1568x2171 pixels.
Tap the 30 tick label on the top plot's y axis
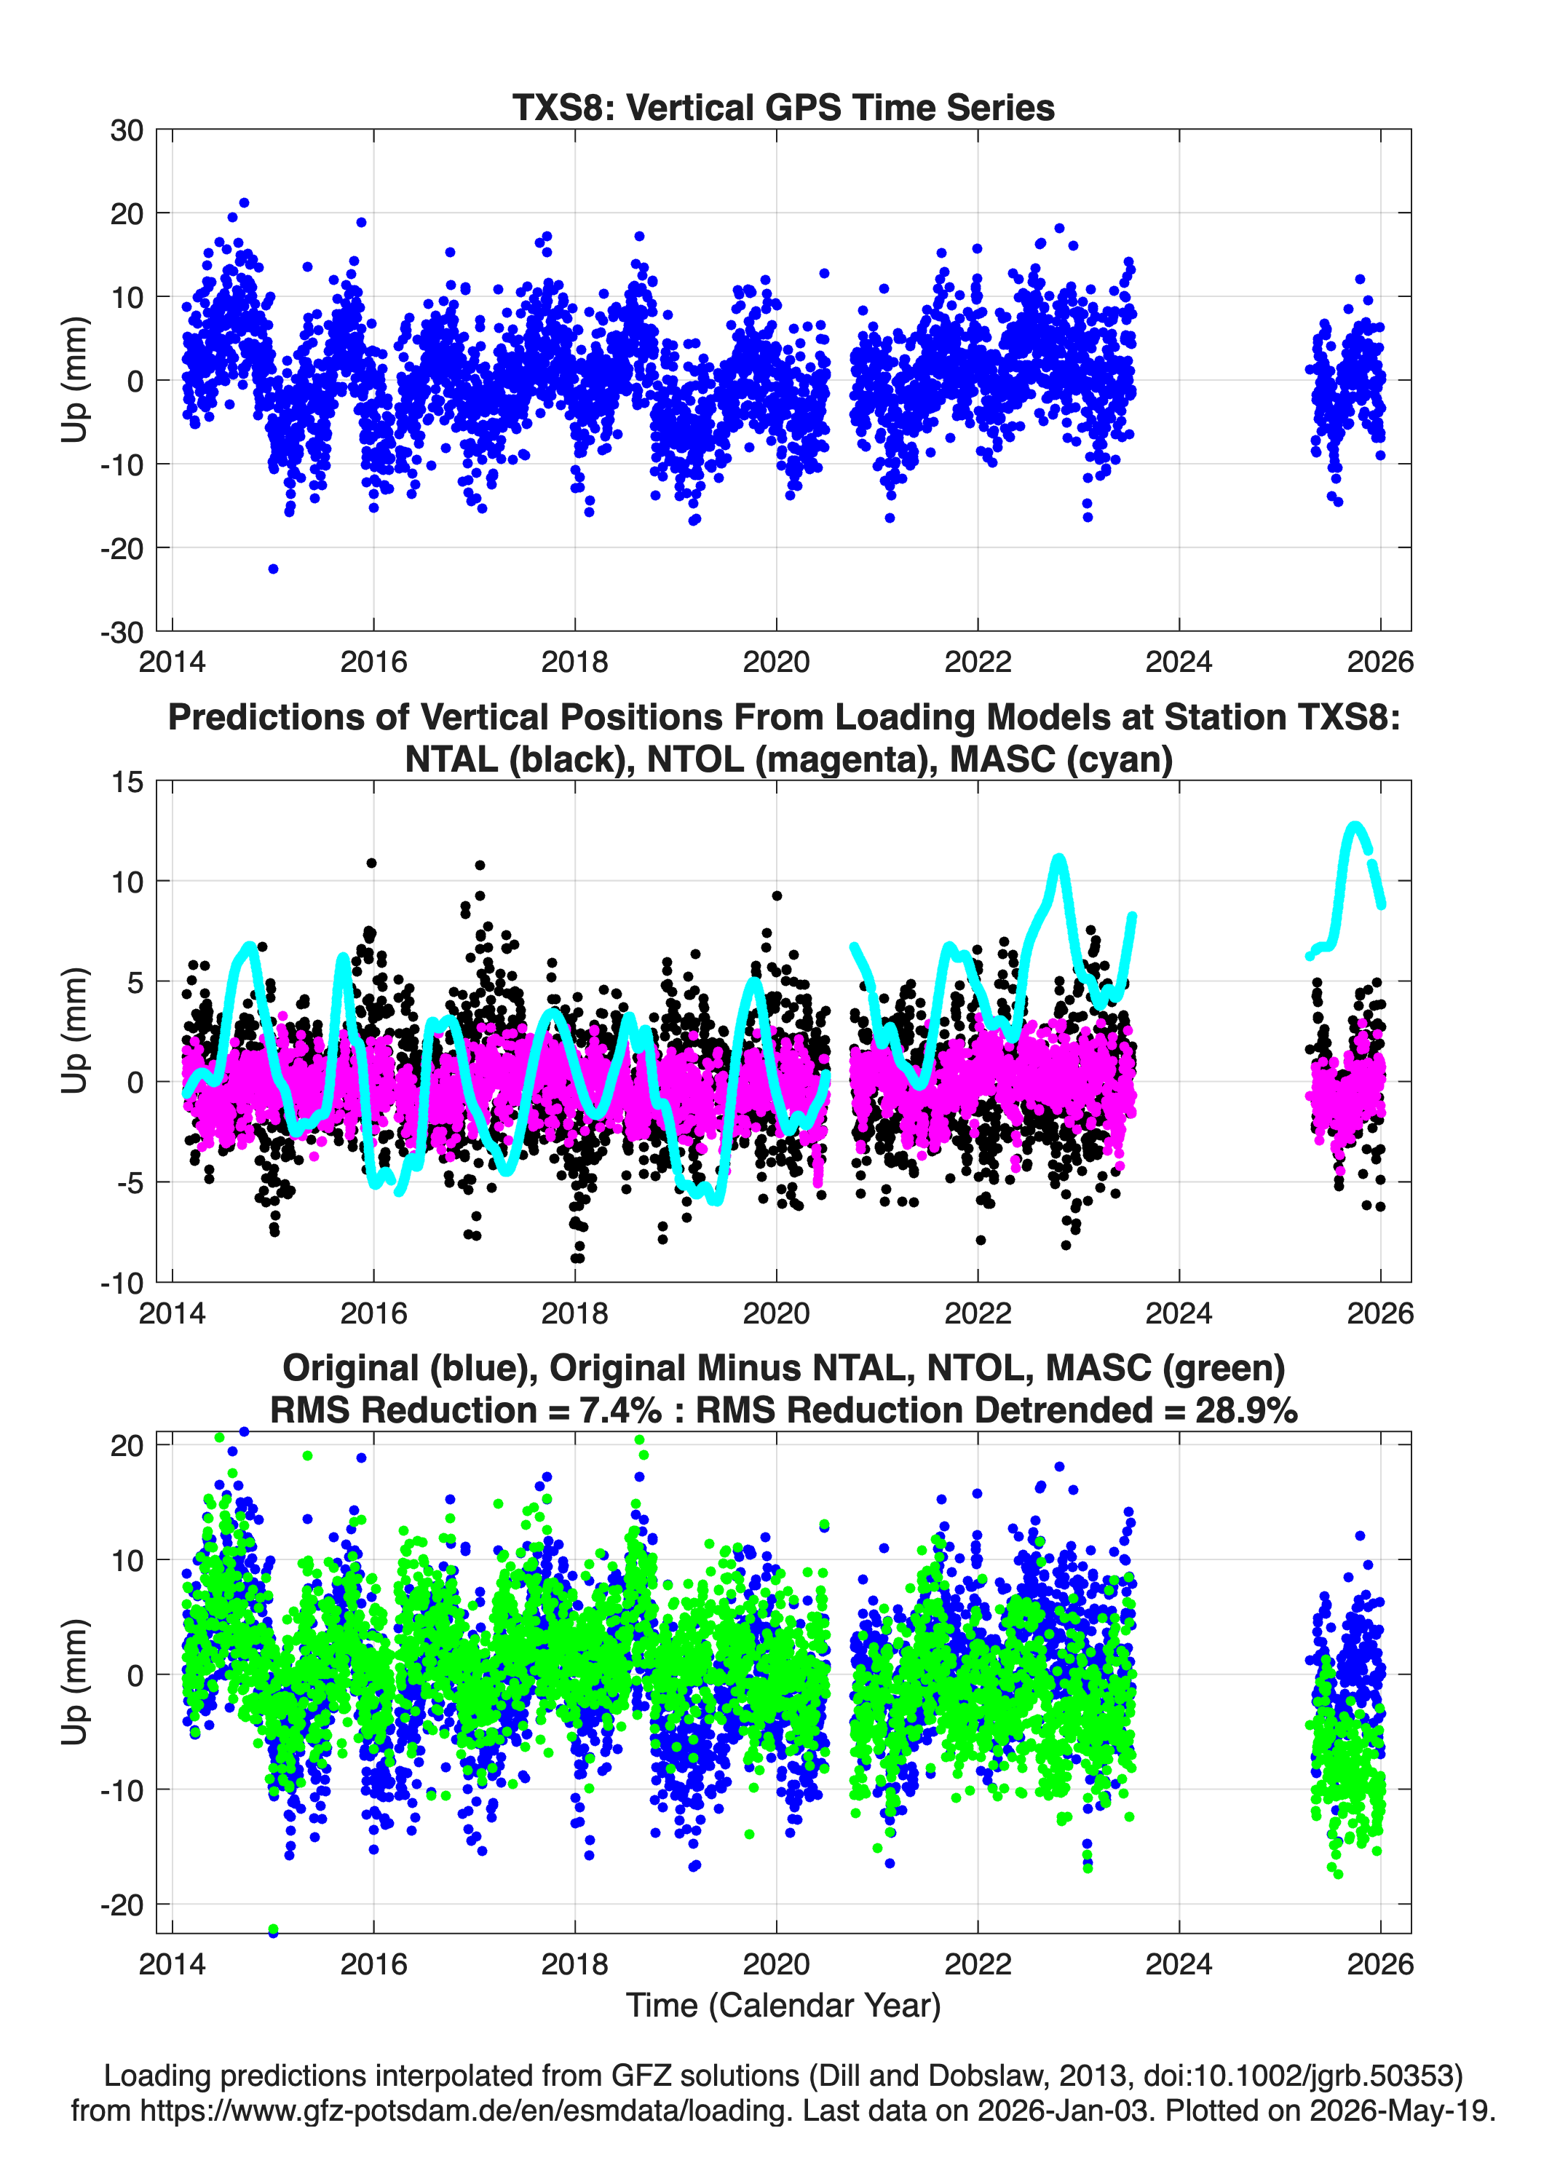click(x=127, y=130)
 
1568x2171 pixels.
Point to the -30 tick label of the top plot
click(x=121, y=632)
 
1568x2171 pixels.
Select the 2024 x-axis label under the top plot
click(x=1179, y=662)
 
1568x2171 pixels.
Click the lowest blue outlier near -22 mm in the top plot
click(x=273, y=569)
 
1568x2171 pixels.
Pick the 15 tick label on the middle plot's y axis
click(x=127, y=782)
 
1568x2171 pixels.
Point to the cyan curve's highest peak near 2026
click(x=1353, y=824)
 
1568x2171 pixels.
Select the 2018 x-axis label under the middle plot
click(x=574, y=1313)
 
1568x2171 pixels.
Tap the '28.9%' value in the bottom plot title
click(x=1246, y=1410)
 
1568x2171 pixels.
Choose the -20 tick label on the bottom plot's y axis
click(x=121, y=1905)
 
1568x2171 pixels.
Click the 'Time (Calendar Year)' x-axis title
click(x=783, y=2004)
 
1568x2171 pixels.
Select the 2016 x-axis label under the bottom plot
click(x=373, y=1964)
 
